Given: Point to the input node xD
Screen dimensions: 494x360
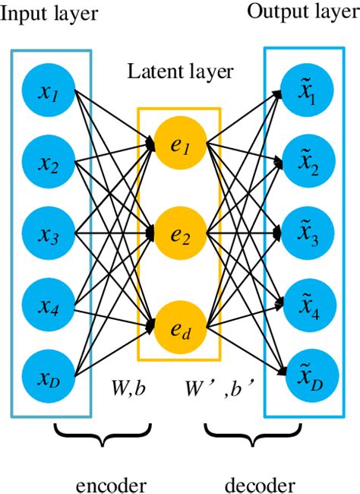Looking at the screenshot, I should coord(51,376).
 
